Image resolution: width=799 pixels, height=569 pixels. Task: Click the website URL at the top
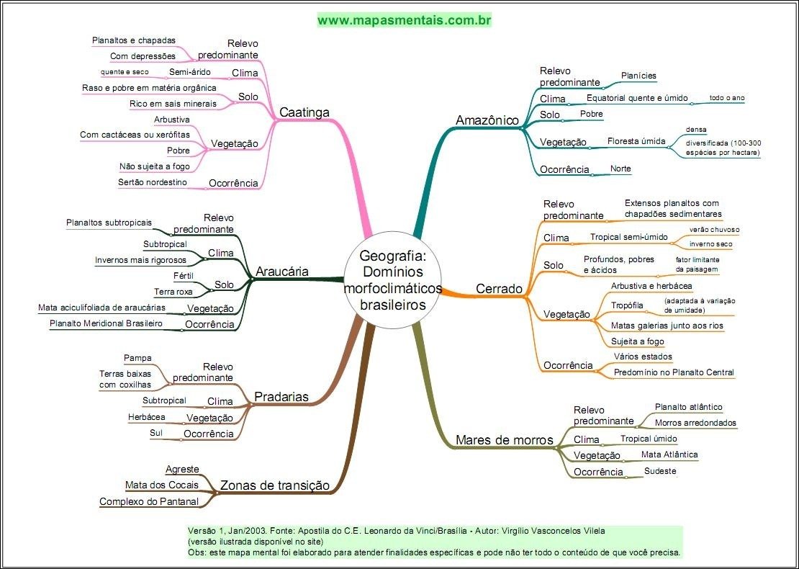404,20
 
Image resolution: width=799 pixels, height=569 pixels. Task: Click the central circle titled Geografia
392,279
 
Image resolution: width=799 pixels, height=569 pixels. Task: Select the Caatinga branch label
304,112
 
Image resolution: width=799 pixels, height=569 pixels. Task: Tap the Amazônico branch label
487,120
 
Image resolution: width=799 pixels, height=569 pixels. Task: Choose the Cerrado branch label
499,289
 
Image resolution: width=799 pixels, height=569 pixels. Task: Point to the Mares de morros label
504,439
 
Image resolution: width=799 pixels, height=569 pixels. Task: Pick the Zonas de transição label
274,485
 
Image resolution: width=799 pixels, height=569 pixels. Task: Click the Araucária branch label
282,272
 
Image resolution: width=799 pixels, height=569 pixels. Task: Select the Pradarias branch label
281,397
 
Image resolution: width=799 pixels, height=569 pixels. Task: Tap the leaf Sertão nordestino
153,182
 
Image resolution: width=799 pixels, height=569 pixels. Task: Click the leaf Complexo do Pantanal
148,501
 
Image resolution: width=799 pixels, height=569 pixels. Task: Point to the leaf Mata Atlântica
669,454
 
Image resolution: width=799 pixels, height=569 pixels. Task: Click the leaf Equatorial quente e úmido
637,98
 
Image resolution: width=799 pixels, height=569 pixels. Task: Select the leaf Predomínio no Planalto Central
674,372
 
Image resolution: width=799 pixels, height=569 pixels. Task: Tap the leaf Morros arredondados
695,423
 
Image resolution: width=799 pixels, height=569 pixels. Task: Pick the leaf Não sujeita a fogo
154,166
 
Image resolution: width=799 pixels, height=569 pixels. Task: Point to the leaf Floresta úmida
636,141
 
